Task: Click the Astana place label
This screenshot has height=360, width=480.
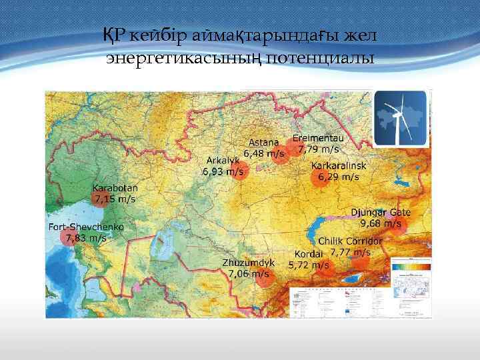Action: (x=265, y=143)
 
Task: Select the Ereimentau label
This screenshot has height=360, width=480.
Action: (x=319, y=138)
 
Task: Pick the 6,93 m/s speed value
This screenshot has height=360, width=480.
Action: (x=223, y=171)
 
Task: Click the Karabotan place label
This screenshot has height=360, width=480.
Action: (x=115, y=189)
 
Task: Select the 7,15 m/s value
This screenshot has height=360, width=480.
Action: (x=115, y=199)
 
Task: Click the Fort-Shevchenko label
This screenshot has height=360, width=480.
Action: (x=86, y=227)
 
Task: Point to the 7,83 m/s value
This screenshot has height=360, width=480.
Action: (x=86, y=237)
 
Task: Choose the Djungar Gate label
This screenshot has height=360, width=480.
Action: (x=381, y=213)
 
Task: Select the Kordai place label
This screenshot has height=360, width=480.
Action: (x=309, y=254)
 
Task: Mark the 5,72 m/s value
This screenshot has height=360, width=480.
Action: (x=309, y=265)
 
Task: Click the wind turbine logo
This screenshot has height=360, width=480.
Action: (x=400, y=118)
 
